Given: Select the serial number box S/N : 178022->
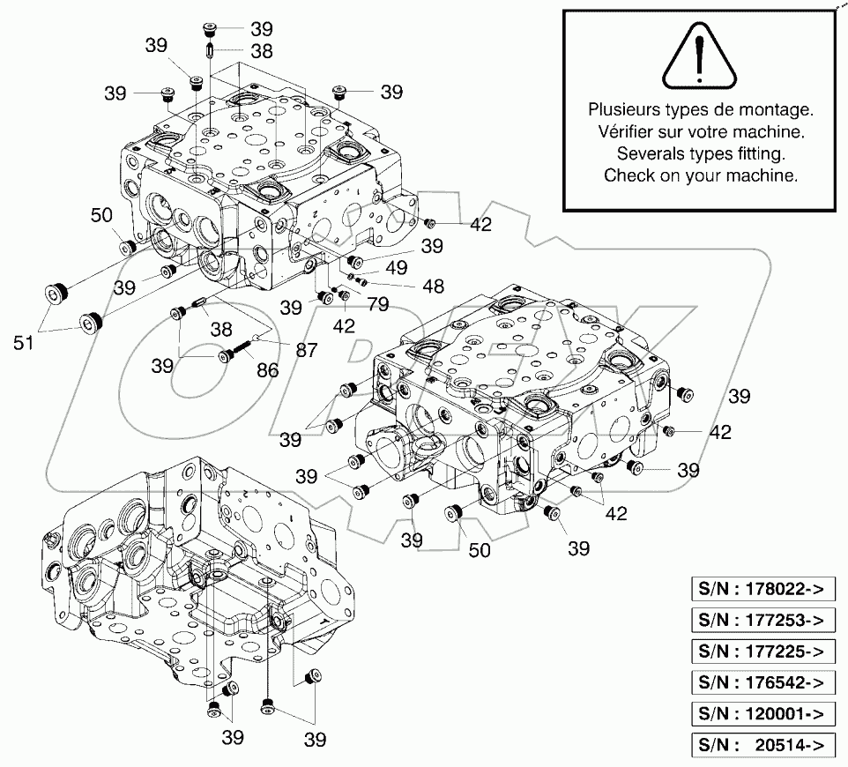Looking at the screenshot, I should coord(762,588).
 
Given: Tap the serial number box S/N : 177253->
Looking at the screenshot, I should coord(762,620).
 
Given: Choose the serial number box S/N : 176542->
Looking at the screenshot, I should coord(762,682).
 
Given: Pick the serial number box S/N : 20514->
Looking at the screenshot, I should coord(762,745).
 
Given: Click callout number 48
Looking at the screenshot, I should coord(432,287).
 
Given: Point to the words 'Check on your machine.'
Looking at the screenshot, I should coord(700,175).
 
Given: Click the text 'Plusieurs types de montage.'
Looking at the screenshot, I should coord(700,111).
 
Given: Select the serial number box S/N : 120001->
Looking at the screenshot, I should coord(762,714).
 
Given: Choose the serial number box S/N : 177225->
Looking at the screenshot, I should coord(762,652).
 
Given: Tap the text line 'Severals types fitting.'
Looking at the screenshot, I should coord(700,154).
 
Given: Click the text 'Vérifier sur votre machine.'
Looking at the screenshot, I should coord(700,132).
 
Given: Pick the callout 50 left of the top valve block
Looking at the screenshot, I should coord(101,216).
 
